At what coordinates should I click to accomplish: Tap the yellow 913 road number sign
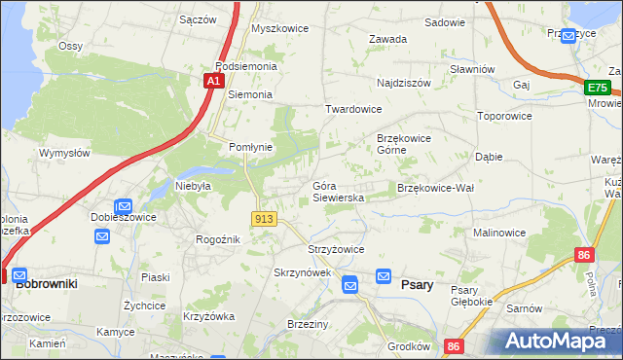263,220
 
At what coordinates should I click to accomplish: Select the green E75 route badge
598,89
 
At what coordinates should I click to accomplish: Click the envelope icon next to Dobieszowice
124,206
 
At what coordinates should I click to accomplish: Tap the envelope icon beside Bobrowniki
19,275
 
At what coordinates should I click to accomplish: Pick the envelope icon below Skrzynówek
350,284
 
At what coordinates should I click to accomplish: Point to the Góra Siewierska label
338,191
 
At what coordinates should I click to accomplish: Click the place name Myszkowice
279,28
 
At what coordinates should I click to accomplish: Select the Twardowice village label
353,110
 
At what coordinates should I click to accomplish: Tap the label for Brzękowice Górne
404,144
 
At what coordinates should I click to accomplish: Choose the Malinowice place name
499,234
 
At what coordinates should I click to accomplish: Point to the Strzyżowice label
336,249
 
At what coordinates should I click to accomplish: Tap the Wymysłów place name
64,153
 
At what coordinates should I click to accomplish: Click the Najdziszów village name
403,84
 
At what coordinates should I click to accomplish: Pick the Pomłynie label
250,147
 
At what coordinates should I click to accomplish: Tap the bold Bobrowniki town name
47,282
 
